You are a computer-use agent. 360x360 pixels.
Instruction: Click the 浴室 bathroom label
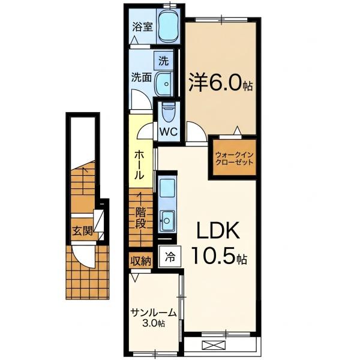pos(142,28)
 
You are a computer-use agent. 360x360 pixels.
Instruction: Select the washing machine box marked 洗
pos(163,61)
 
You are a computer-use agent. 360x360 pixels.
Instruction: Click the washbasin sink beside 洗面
pos(164,84)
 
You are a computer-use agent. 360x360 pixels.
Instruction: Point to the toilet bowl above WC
pos(168,113)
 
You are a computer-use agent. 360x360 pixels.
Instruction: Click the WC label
pos(169,132)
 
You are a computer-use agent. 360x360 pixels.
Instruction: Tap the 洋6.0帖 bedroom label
pos(220,83)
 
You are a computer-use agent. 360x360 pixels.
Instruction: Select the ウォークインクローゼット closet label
pos(234,158)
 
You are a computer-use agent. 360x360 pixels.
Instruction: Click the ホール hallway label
pos(139,164)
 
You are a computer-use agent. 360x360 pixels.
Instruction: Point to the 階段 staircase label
pos(140,218)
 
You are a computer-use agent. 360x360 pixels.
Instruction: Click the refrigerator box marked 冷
pos(170,257)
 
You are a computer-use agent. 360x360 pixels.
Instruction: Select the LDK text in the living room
pos(218,233)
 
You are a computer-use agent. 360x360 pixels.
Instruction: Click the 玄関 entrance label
pos(82,231)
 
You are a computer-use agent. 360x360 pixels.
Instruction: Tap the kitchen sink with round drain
pos(167,221)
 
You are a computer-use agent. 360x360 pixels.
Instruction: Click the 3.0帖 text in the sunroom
pos(154,323)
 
